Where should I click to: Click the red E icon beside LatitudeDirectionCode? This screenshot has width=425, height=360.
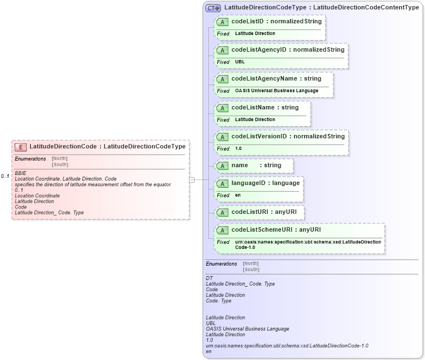point(21,147)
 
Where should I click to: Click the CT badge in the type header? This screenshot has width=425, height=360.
point(213,8)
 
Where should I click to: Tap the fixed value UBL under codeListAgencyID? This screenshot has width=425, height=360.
point(240,62)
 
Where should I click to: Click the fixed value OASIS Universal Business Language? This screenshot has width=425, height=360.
point(277,91)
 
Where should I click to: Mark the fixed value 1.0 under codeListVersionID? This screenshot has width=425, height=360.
point(238,148)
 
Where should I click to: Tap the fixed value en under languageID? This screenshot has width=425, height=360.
point(238,195)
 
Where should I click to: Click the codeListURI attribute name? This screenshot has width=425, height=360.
point(249,212)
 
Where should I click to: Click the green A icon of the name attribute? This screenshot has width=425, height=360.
point(223,166)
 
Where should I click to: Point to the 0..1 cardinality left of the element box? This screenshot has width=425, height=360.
point(5,176)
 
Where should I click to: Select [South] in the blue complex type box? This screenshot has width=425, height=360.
point(251,269)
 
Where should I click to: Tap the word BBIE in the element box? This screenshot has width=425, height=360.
point(21,173)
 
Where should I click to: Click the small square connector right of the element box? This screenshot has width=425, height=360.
point(192,179)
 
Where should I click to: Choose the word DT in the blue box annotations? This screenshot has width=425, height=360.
point(209,278)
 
